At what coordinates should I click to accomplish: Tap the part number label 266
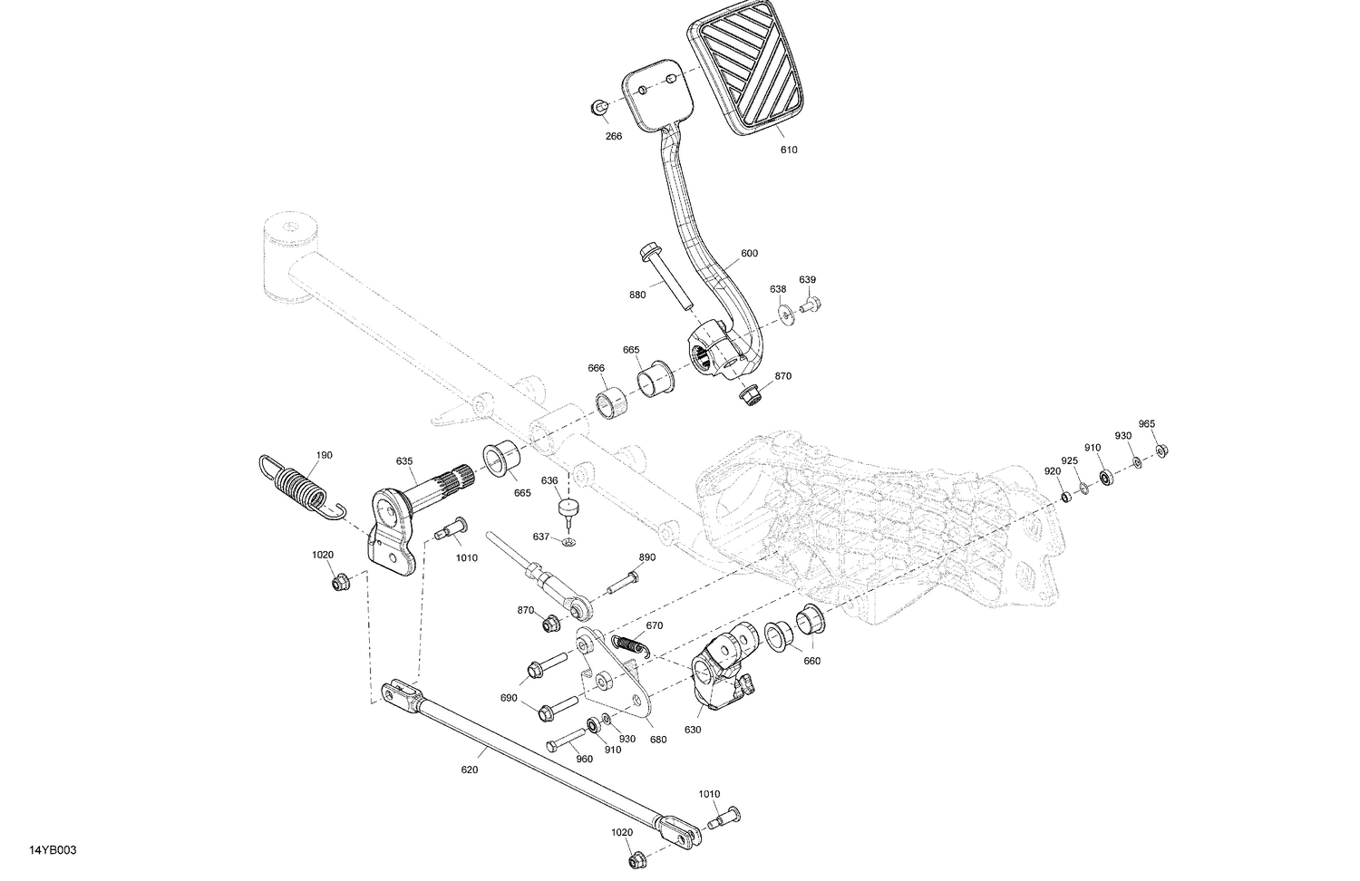click(x=614, y=137)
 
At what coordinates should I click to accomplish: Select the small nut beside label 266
click(x=599, y=107)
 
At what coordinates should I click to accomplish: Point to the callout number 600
click(x=749, y=254)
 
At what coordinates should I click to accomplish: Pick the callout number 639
click(x=807, y=279)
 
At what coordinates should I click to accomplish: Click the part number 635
click(x=404, y=461)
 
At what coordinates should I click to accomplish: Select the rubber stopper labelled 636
click(x=568, y=510)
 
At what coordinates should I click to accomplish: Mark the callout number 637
click(x=541, y=537)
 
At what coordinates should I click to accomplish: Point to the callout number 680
click(x=657, y=740)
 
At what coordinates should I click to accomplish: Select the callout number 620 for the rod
click(x=469, y=770)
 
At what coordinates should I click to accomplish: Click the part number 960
click(x=585, y=759)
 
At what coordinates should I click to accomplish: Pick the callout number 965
click(x=1147, y=424)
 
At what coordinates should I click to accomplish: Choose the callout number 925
click(x=1070, y=461)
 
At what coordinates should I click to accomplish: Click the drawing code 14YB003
click(x=53, y=850)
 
